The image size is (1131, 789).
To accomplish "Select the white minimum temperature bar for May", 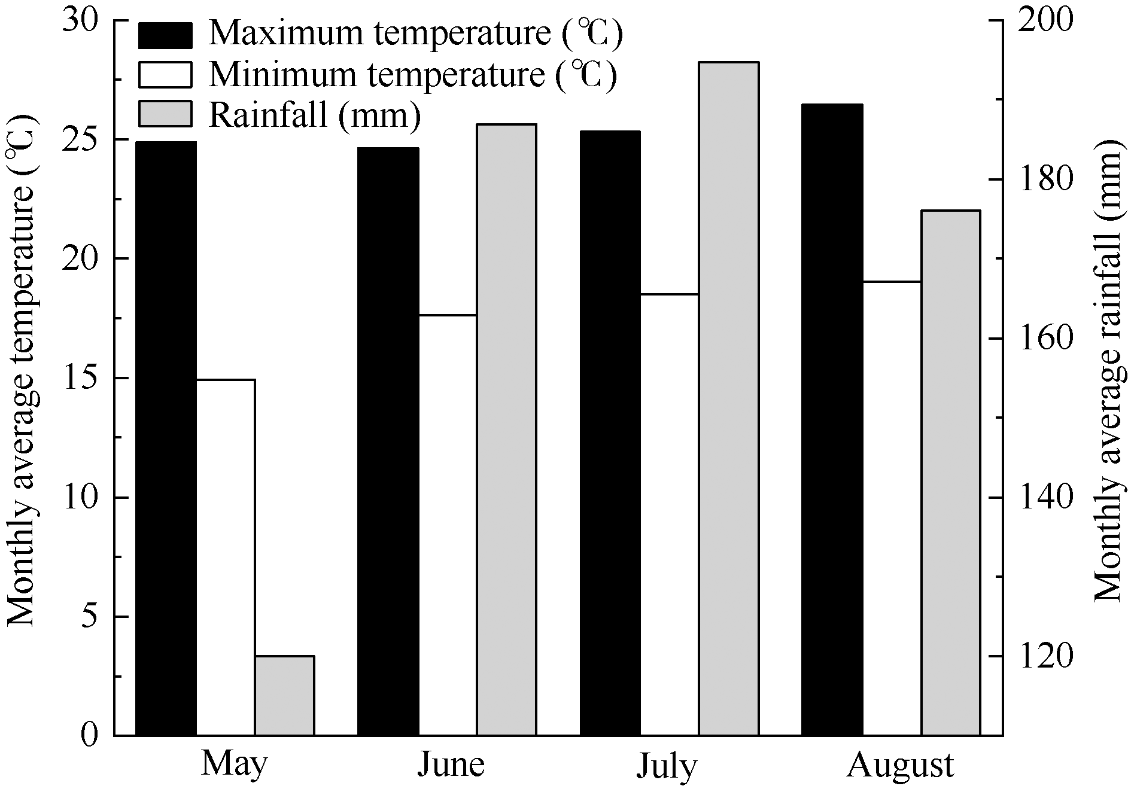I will [226, 557].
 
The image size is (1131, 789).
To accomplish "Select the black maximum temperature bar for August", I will [832, 419].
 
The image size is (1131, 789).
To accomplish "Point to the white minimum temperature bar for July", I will [670, 514].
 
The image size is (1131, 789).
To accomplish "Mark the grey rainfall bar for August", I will [950, 473].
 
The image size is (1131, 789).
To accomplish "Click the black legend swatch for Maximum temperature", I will [165, 35].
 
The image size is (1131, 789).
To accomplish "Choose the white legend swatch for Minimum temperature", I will [165, 75].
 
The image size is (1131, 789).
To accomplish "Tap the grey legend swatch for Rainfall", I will [165, 114].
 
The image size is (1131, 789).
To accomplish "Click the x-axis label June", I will [451, 766].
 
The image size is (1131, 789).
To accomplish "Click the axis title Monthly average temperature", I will [22, 371].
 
